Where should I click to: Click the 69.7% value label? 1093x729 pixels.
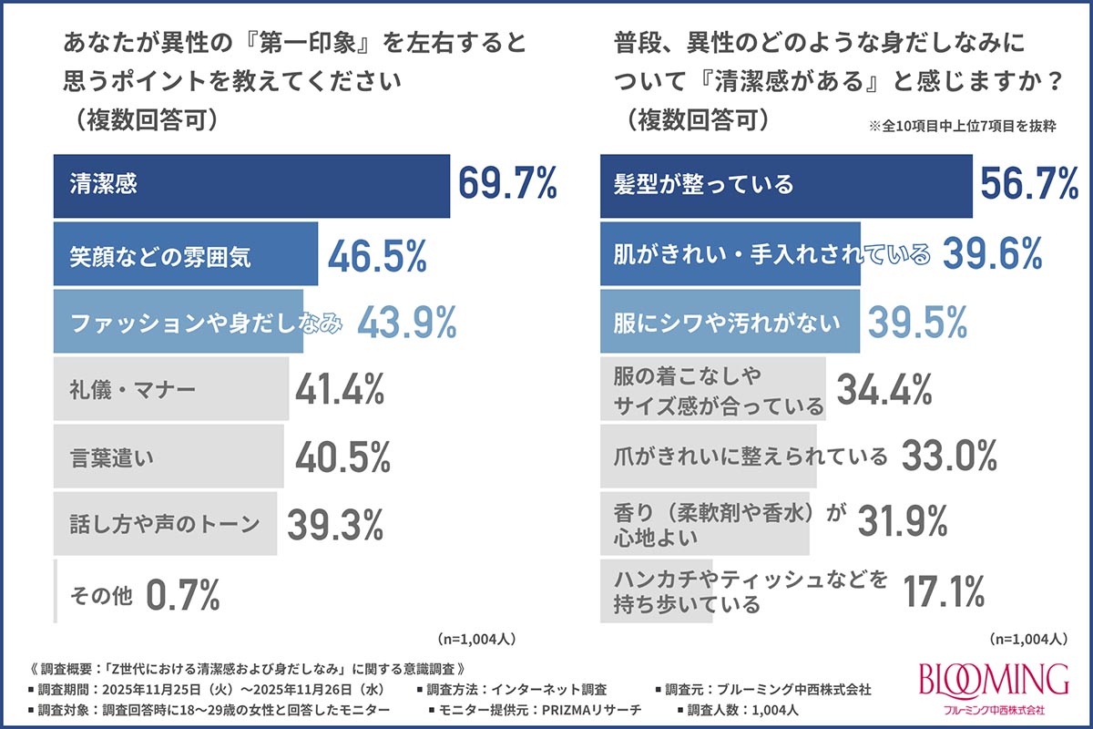(x=507, y=183)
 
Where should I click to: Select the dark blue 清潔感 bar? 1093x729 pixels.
(x=251, y=186)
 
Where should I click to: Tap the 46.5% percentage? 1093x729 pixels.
(x=378, y=255)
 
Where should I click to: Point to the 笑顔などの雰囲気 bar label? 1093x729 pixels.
(x=160, y=256)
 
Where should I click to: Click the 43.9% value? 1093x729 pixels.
(x=407, y=322)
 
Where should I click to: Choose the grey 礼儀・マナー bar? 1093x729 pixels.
(x=171, y=389)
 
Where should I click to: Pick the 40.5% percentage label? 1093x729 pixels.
(x=342, y=457)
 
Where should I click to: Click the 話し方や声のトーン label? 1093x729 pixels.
(x=165, y=524)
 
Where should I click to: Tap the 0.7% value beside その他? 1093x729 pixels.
(x=183, y=594)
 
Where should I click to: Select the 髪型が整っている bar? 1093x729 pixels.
(x=786, y=186)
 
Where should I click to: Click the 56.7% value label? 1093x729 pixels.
(x=1029, y=183)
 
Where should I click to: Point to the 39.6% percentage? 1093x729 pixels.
(x=993, y=253)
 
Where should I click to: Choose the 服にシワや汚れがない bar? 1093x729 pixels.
(x=730, y=322)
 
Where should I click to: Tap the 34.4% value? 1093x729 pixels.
(x=884, y=389)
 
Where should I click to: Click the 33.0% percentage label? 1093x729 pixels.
(x=949, y=456)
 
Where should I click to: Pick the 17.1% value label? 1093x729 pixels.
(x=944, y=591)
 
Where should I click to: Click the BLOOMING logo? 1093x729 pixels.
(x=994, y=688)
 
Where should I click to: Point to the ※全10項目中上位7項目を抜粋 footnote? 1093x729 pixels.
(x=962, y=126)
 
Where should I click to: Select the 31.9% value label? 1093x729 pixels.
(x=903, y=521)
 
